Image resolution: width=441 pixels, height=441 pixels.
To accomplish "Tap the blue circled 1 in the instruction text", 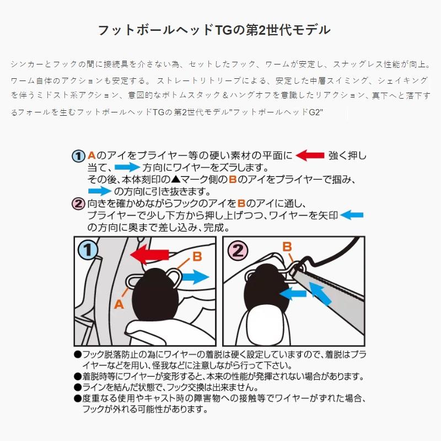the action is [78, 156].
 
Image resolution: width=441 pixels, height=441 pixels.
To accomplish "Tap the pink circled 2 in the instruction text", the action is [78, 203].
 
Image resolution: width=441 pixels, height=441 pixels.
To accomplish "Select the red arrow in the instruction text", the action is [310, 155].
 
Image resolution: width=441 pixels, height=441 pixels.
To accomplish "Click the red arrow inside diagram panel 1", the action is [149, 254].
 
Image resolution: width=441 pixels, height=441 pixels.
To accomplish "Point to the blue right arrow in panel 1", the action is [196, 277].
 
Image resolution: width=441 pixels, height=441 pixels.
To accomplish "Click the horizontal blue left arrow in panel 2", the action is [293, 294].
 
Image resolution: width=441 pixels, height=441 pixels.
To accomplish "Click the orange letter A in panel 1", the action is [119, 304].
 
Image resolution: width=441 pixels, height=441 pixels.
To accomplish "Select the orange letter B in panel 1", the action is [197, 256].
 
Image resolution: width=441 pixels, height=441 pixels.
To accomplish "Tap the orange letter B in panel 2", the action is [287, 246].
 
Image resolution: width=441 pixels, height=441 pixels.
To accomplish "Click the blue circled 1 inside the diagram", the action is [88, 250].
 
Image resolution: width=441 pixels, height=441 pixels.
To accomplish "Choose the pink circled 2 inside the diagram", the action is [238, 250].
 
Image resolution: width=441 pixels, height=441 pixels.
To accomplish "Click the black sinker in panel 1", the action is [155, 294].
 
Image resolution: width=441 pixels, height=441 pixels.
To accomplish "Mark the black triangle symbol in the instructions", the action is [175, 179].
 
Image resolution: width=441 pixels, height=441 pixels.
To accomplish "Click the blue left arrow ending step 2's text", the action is [352, 215].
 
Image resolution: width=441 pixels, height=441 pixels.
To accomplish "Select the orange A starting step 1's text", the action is [92, 155].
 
